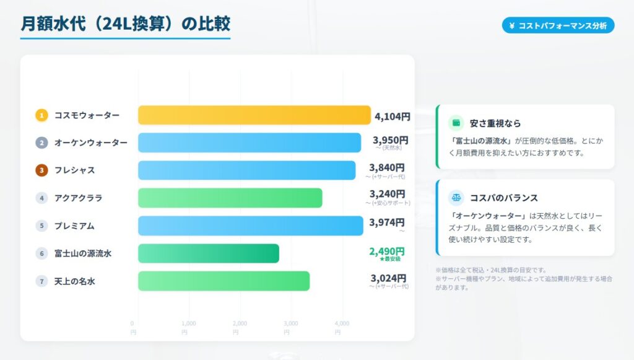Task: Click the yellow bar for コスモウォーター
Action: pos(254,115)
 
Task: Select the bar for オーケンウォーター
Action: pos(249,143)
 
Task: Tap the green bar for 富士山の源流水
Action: pos(208,253)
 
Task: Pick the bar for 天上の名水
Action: pos(224,281)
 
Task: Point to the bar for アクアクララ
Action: pos(230,198)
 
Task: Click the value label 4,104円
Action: pos(392,116)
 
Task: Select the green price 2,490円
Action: pos(386,251)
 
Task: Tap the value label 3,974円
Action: pos(386,222)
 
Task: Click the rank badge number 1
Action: pos(41,115)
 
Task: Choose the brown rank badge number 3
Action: pos(41,170)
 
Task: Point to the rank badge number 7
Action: pos(41,281)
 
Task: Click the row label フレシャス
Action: pos(74,170)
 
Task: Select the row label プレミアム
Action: pos(74,226)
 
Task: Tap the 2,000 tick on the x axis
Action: pos(239,323)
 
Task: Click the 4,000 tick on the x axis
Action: pos(341,323)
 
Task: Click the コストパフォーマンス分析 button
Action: pos(558,25)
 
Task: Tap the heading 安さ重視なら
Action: pos(495,123)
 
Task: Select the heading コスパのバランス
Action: pos(503,198)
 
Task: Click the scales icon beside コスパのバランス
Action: pos(456,198)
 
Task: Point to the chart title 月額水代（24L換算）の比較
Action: pos(125,24)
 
